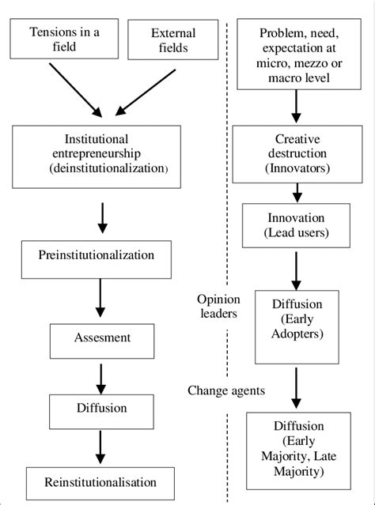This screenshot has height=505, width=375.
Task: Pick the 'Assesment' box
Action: pyautogui.click(x=102, y=337)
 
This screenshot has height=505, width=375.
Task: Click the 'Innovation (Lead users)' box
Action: pyautogui.click(x=295, y=224)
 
